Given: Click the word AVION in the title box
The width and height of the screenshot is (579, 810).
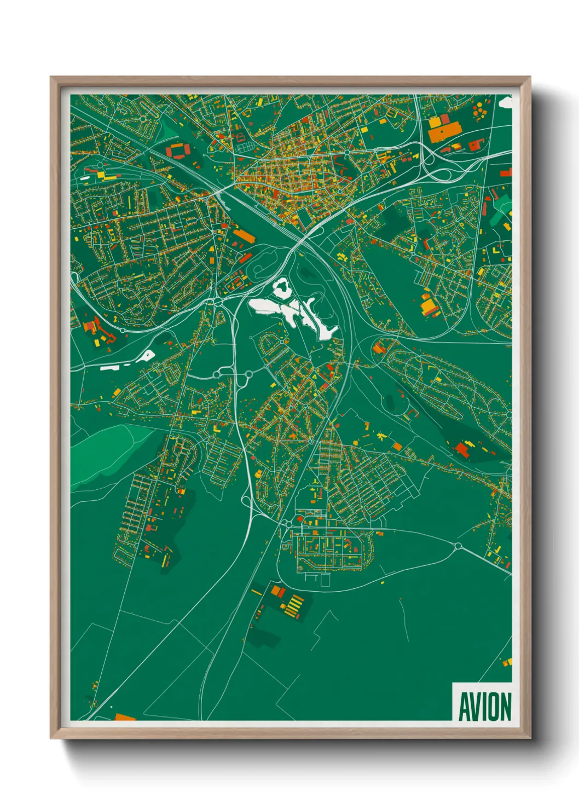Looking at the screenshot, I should point(484,707).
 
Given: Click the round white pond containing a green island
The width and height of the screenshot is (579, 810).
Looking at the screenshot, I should point(282,287).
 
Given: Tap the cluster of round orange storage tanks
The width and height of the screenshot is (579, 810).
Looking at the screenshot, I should point(479,111).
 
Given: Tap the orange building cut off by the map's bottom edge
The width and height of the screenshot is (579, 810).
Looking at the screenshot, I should point(125,717).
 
